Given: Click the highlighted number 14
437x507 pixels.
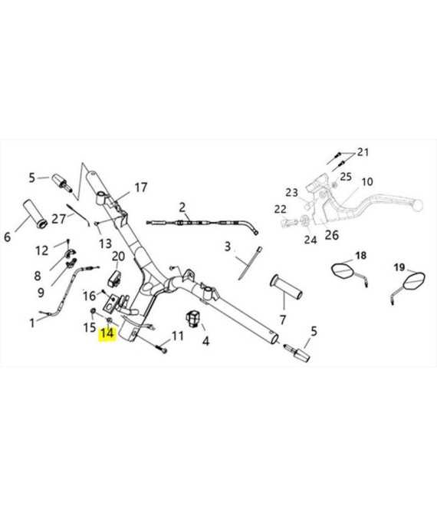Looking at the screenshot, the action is (x=107, y=333).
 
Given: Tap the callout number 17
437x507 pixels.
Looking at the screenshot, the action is (x=141, y=187).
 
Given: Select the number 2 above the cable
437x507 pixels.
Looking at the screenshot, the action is (x=182, y=207).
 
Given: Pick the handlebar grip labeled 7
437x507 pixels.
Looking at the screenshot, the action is (x=286, y=287).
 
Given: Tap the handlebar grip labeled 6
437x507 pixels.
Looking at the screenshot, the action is (x=34, y=214).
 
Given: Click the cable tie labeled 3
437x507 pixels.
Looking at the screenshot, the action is (x=249, y=263).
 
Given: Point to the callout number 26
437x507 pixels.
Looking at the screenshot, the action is (x=331, y=235).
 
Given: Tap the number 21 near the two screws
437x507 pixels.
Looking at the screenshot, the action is (x=363, y=152).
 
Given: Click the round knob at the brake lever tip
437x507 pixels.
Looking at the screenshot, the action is (x=418, y=205).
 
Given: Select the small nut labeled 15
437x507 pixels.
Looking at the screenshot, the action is (x=93, y=311).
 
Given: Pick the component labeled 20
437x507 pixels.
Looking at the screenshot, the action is (x=114, y=279).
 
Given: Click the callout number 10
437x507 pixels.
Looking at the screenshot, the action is (x=367, y=182).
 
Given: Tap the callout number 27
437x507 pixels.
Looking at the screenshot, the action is (x=58, y=219).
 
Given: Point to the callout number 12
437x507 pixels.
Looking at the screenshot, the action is (x=41, y=250).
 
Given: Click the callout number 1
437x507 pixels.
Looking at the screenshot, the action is (x=31, y=323).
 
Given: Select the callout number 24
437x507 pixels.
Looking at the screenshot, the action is (x=310, y=240).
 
